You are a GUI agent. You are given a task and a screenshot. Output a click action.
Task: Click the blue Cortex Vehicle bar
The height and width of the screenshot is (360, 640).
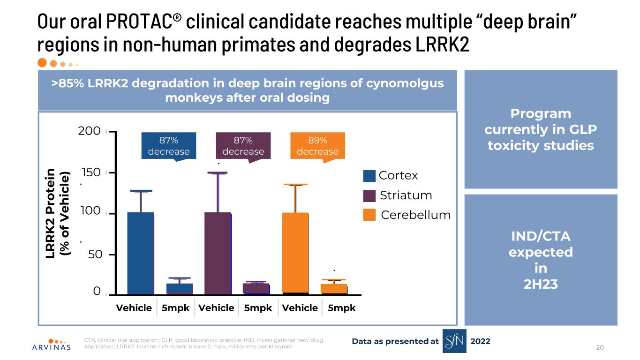(141, 253)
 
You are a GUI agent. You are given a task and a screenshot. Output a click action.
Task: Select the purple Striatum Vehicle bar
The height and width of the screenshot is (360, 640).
(218, 253)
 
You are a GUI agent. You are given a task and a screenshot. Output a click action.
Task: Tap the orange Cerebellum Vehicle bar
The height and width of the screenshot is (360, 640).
(295, 253)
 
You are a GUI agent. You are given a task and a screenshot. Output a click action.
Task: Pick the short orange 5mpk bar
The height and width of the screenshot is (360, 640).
(334, 289)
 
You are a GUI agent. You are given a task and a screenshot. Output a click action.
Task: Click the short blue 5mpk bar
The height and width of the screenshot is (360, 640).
(180, 289)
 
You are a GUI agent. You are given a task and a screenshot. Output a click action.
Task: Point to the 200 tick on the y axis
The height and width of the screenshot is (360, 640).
(90, 131)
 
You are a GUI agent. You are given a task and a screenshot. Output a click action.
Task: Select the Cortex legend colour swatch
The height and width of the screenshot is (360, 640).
(369, 176)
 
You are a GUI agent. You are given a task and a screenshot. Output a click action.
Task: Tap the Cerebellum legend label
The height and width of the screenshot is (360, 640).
(415, 215)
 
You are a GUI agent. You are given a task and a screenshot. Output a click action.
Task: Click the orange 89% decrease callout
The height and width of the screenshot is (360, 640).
(317, 146)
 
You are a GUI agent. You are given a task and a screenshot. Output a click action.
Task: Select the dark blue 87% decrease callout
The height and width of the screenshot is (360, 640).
(169, 146)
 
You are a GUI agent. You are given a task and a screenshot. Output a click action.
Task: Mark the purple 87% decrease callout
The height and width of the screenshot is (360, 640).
(243, 146)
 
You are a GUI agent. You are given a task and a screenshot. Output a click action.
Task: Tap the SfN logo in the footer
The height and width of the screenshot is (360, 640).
(454, 341)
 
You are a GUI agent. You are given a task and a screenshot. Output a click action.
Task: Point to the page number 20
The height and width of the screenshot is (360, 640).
(600, 347)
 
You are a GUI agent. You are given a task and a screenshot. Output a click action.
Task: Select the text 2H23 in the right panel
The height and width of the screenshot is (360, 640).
(541, 284)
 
